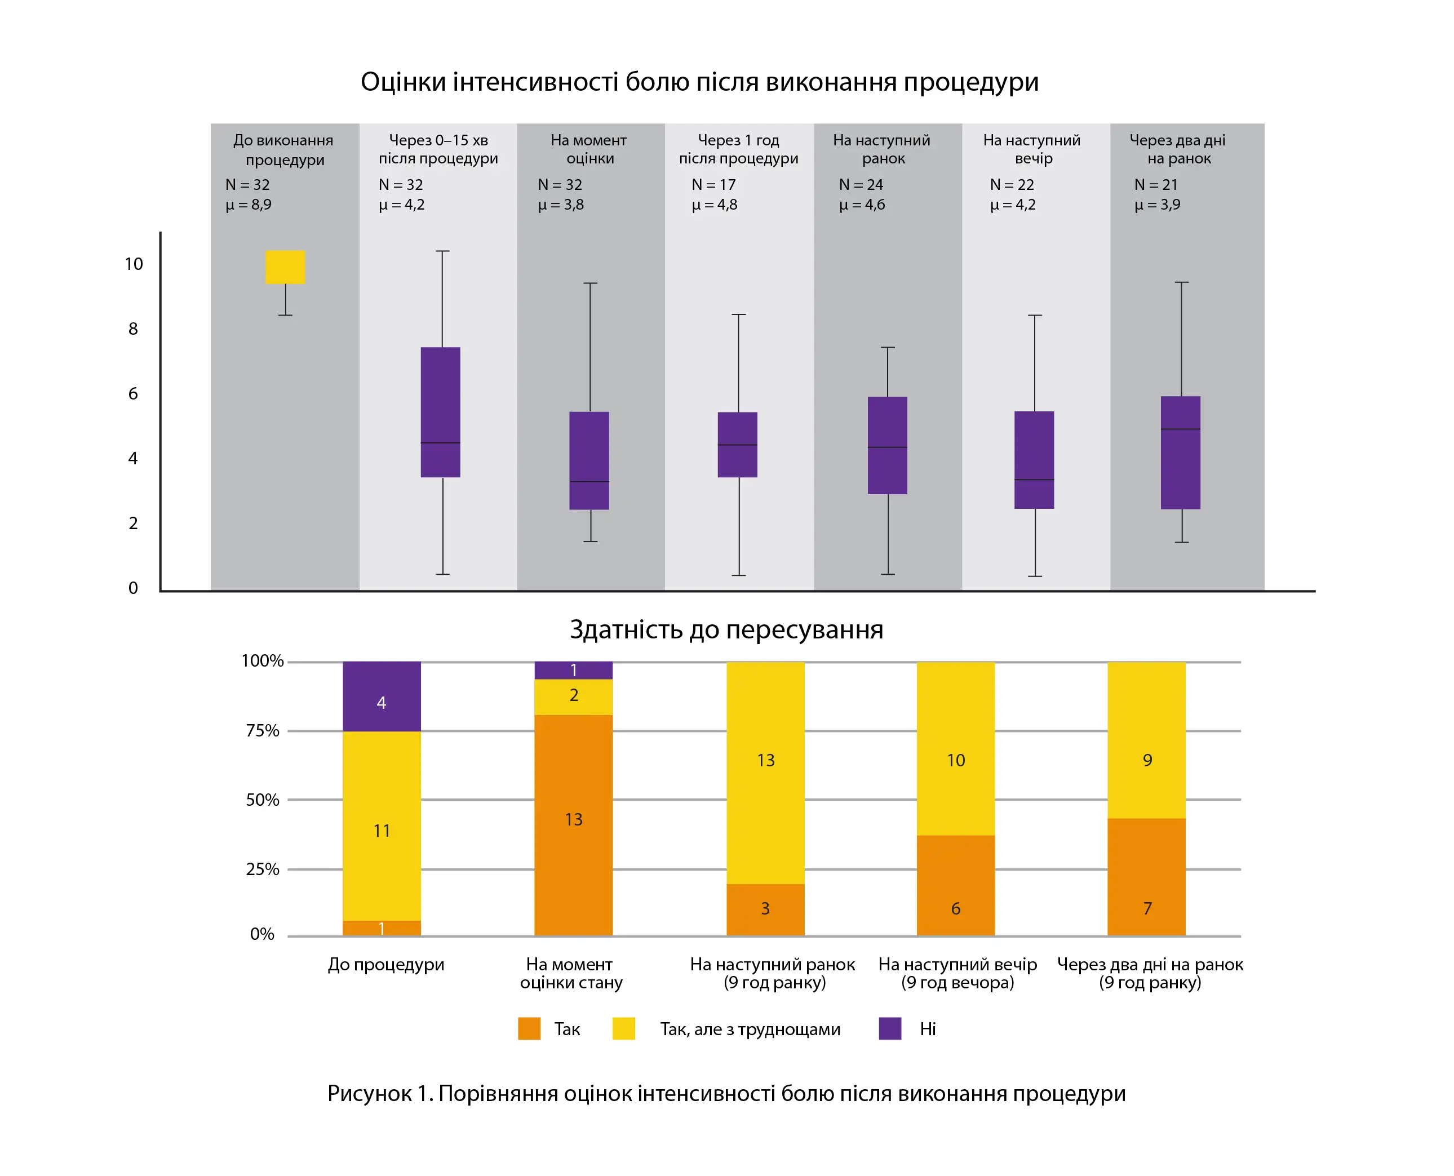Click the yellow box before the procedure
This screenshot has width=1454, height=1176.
[285, 267]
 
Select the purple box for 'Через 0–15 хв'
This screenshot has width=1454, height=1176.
[440, 412]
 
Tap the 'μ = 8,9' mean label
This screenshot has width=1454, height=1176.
[249, 205]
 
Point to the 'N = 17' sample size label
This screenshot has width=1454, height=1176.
[713, 184]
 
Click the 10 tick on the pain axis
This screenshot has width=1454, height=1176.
[134, 264]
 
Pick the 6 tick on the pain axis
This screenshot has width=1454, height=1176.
[133, 393]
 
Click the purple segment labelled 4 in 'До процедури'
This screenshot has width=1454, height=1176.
[382, 696]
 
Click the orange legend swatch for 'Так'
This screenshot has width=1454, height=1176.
[529, 1028]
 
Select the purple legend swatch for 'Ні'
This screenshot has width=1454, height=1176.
[890, 1028]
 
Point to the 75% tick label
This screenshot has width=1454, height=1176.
[262, 731]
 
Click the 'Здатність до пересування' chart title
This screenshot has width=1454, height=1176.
[726, 629]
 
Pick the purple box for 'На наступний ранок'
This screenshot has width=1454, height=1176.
[887, 445]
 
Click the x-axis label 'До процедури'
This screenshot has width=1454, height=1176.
[386, 964]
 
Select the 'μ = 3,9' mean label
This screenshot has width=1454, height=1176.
[1157, 205]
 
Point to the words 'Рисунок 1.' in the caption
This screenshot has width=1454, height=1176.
[379, 1093]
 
